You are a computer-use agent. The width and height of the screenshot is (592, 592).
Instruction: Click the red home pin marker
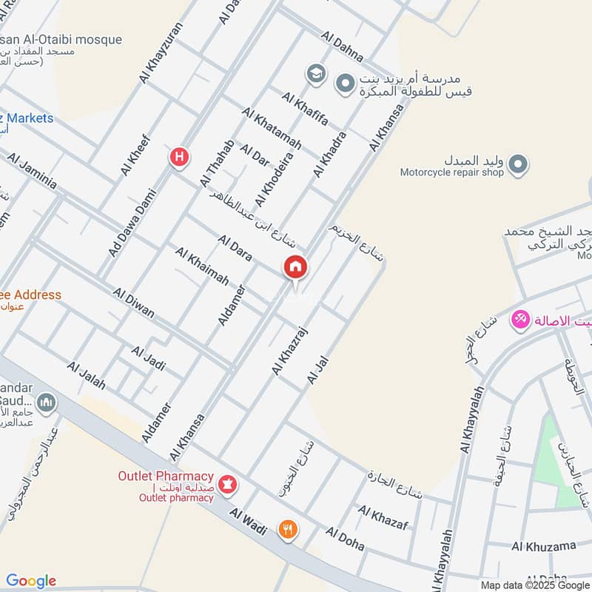295,267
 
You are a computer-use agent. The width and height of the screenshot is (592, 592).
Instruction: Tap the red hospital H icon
179,157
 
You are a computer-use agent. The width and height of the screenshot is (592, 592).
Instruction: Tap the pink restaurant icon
520,320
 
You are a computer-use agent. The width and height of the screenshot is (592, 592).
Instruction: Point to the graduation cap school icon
316,73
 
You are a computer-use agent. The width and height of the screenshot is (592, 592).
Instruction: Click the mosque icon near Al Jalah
47,403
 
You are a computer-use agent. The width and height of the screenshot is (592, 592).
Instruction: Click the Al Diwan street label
134,303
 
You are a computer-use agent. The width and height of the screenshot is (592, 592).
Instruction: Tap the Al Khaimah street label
201,266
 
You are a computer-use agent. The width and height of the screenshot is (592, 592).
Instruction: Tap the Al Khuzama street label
543,547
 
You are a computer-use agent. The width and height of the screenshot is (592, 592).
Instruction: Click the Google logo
31,581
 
